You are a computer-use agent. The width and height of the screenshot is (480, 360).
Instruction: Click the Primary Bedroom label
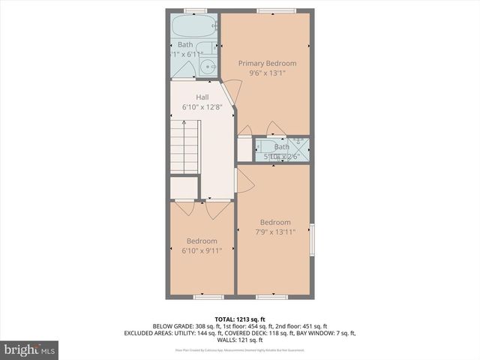tap(267, 63)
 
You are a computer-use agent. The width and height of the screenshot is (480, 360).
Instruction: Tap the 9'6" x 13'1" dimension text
tap(267, 73)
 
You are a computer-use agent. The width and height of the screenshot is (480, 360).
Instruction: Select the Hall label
tap(202, 97)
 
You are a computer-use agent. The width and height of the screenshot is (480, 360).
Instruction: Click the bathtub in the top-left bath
tap(192, 28)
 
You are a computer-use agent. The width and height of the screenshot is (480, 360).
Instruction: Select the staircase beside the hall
tap(184, 149)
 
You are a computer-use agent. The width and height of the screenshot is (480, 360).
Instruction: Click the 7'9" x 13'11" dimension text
tap(276, 232)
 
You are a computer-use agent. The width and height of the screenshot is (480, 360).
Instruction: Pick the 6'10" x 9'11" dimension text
tap(202, 250)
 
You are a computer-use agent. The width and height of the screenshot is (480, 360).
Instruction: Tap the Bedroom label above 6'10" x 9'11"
tap(202, 241)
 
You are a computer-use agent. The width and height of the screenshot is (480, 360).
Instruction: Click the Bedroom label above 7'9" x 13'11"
tap(275, 222)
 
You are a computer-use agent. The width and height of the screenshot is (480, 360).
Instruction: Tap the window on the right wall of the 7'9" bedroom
tap(313, 238)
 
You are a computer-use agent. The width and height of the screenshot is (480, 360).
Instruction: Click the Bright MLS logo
tap(30, 349)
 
